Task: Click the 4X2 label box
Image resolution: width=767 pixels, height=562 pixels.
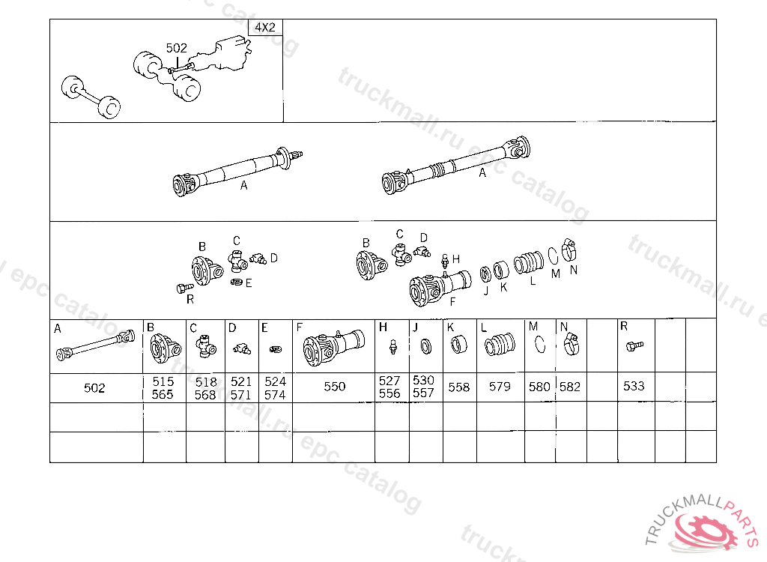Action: (266, 28)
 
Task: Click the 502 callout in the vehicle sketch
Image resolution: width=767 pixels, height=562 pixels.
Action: (177, 48)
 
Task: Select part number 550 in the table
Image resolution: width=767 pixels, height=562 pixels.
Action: (335, 387)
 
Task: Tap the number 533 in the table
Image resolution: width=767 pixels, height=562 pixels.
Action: (634, 386)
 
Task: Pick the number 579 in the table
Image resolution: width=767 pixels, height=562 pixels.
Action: (500, 387)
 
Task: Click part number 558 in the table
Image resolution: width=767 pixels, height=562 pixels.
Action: (459, 387)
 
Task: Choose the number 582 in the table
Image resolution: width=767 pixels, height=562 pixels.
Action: (570, 387)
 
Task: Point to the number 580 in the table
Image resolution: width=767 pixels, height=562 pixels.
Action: (539, 387)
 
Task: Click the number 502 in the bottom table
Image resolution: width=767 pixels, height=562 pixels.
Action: (94, 388)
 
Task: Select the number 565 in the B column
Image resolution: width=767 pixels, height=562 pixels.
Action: (163, 395)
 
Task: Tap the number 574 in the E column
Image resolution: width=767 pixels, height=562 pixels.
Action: (275, 395)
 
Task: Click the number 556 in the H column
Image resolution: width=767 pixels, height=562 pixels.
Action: (389, 393)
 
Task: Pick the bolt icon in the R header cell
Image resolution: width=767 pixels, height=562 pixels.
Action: (635, 346)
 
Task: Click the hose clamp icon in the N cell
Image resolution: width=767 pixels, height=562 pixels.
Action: (570, 344)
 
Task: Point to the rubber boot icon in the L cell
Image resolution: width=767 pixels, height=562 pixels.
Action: (500, 344)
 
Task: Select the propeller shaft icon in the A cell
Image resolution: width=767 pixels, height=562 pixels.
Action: (95, 345)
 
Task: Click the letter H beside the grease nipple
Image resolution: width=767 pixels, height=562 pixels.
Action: (456, 259)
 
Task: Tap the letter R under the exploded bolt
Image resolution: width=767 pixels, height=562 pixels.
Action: (190, 299)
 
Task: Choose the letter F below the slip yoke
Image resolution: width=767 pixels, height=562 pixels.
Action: (452, 301)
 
